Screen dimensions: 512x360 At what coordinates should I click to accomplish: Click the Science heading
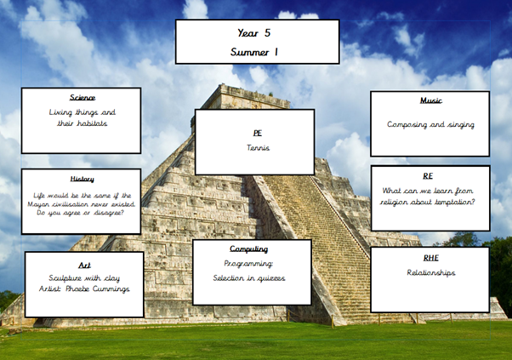tap(82, 97)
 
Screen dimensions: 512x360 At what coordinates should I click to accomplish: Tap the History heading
tap(82, 179)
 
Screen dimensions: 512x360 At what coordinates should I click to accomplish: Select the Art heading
tap(84, 265)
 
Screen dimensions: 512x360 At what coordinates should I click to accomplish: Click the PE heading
tap(258, 133)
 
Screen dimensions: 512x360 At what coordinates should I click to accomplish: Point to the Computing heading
tap(249, 249)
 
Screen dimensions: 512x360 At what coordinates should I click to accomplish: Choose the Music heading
tap(431, 100)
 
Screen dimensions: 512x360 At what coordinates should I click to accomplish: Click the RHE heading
tap(430, 258)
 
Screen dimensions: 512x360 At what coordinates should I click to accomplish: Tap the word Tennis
tap(258, 147)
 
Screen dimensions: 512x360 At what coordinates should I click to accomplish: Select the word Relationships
tap(431, 273)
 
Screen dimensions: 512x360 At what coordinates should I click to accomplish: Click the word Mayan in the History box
tap(38, 204)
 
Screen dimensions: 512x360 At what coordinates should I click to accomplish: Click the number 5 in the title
tap(267, 32)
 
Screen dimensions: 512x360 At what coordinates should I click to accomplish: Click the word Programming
tap(248, 264)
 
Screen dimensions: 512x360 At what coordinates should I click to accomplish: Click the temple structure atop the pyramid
tap(247, 97)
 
